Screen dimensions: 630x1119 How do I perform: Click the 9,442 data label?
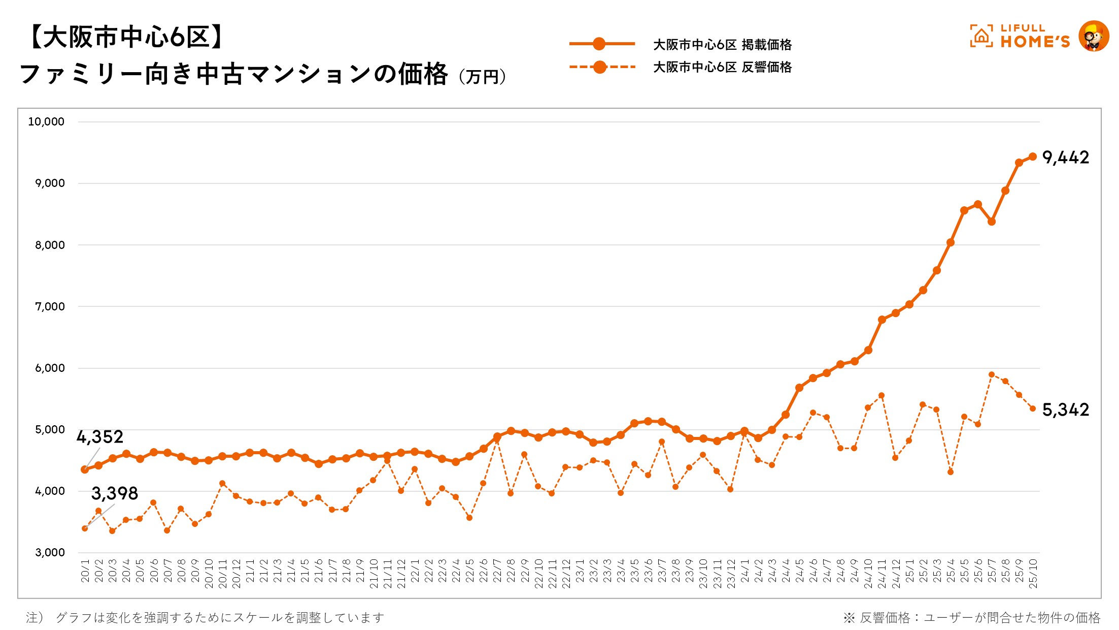tap(1065, 157)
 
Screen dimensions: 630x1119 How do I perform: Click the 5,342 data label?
tap(1065, 409)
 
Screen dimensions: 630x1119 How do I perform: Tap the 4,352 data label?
tap(100, 437)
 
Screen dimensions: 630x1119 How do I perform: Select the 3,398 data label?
tap(115, 493)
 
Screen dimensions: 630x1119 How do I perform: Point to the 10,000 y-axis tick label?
tap(46, 122)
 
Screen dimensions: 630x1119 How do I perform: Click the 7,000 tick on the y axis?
tap(50, 306)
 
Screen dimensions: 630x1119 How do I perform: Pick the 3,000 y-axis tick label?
tap(50, 553)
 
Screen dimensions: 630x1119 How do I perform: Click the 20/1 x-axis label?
tap(85, 571)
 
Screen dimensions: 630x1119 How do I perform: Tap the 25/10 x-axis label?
tap(1033, 574)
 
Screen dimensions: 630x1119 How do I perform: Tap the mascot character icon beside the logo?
tap(1094, 36)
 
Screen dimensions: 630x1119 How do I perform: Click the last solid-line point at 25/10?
tap(1032, 156)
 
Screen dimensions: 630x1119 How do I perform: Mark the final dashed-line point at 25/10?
tap(1032, 408)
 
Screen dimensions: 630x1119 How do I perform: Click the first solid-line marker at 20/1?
tap(85, 469)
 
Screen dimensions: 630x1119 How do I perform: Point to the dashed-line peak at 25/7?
tap(991, 374)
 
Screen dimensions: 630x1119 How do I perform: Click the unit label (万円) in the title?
tap(482, 77)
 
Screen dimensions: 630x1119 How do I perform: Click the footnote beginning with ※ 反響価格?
tap(971, 618)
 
